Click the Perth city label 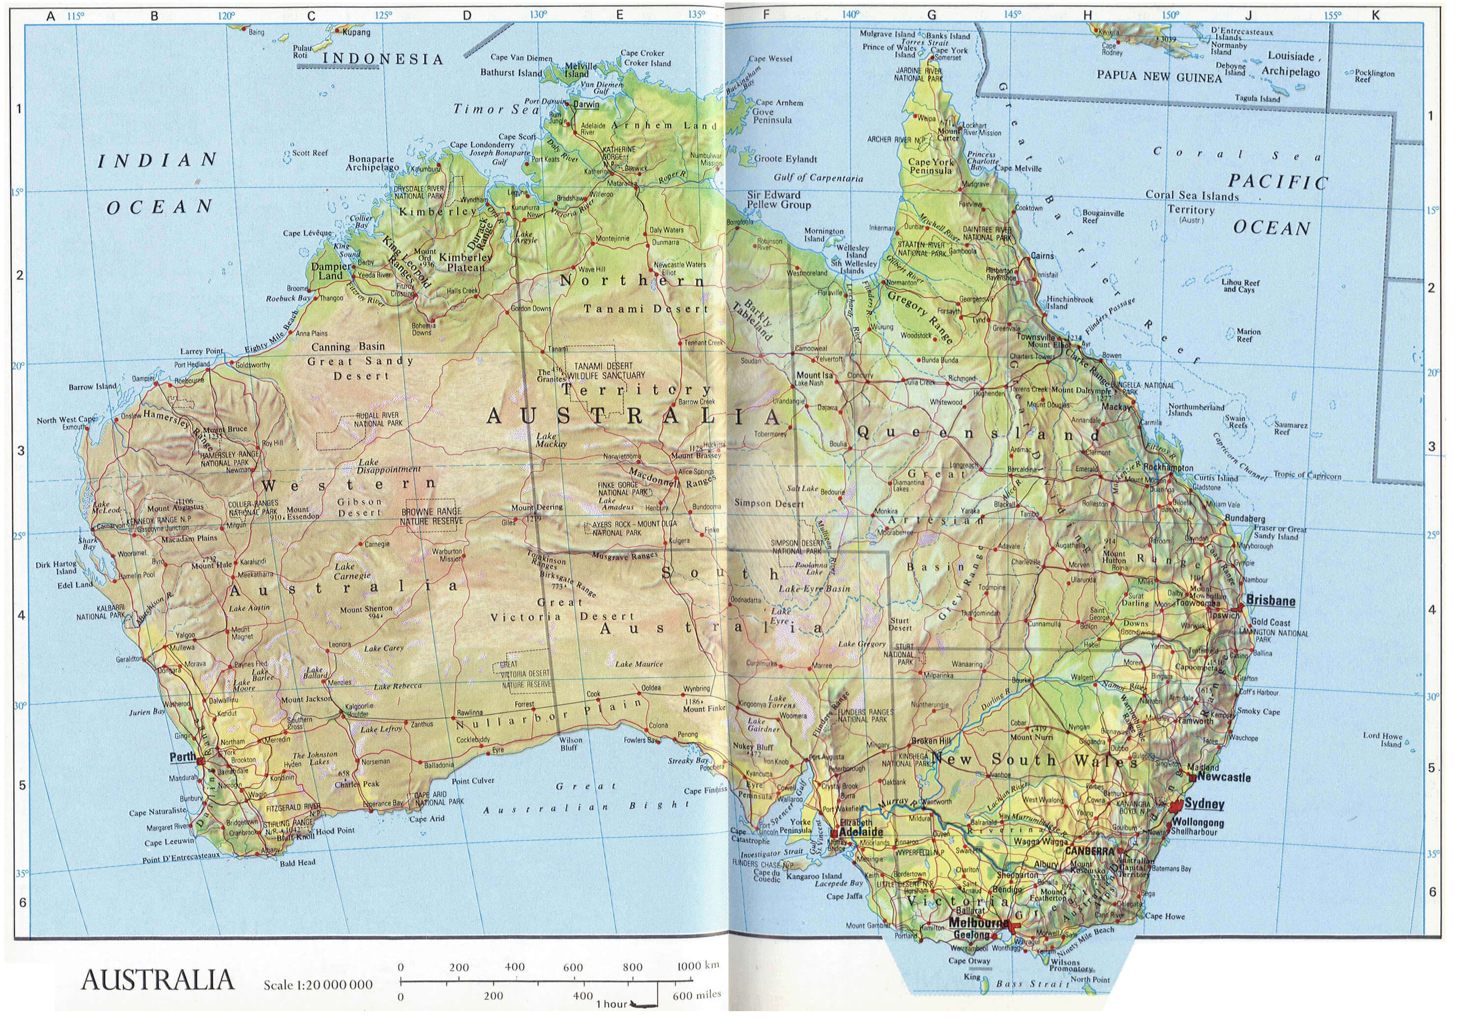pos(182,757)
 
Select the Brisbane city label pos(1270,601)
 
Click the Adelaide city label pos(861,832)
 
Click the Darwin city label pos(586,104)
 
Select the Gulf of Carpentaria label pos(818,178)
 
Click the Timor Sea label pos(497,109)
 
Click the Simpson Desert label pos(769,503)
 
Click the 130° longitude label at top pos(538,15)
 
